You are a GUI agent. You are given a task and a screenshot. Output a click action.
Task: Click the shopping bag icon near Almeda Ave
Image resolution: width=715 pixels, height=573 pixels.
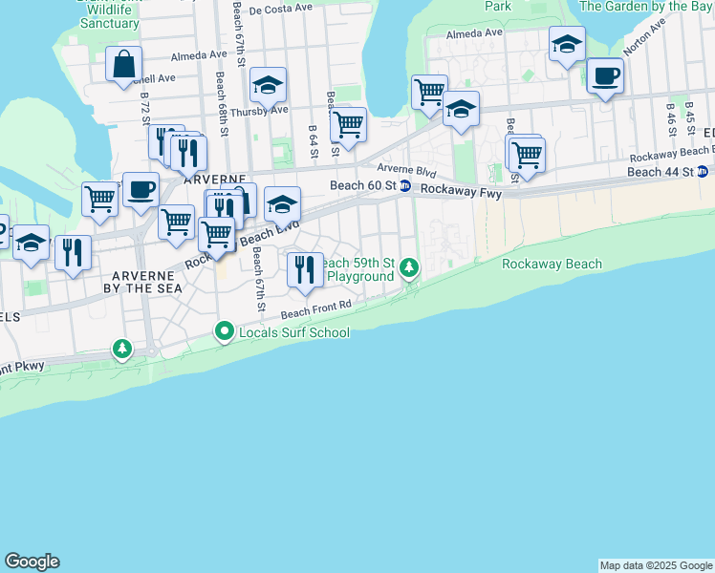pos(124,65)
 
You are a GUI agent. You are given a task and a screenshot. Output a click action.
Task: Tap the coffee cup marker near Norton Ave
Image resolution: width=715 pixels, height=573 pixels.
pos(605,76)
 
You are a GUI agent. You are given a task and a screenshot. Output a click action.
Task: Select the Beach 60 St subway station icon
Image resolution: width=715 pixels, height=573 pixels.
pos(405,186)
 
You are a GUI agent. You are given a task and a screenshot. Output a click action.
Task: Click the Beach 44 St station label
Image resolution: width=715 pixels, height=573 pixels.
pos(660,172)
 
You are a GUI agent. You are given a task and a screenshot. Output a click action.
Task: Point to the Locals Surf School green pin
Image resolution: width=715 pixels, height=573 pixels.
pos(225,331)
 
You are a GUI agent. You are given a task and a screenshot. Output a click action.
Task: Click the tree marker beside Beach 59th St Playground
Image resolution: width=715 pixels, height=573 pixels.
pos(409,266)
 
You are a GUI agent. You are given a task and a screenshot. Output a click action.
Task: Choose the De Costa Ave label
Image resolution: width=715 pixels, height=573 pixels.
pos(280,8)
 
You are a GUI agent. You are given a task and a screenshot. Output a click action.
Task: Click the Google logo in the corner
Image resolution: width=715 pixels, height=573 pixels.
pos(32,562)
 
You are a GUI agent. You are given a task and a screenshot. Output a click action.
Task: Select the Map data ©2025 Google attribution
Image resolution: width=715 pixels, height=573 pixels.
pos(656,565)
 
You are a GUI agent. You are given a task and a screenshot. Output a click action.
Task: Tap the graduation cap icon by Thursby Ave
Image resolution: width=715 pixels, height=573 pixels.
pos(269,86)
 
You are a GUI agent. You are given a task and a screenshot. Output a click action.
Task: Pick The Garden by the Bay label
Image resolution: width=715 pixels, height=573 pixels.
pos(646,6)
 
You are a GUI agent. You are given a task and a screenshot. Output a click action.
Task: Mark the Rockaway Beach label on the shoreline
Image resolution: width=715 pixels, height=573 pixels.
pos(552,265)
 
